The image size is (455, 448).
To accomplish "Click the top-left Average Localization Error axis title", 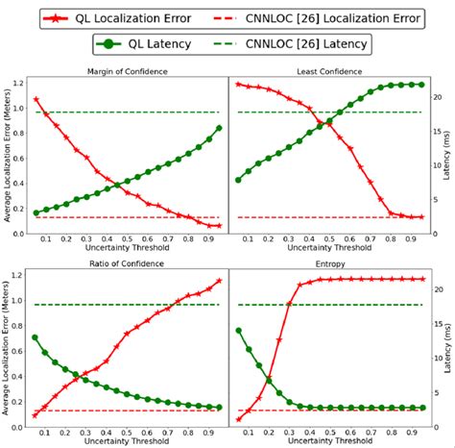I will [x=9, y=154].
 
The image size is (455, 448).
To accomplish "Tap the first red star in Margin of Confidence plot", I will [x=36, y=99].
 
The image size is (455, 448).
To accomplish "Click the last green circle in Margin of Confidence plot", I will [x=220, y=128].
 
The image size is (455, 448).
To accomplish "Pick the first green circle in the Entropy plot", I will [x=238, y=331].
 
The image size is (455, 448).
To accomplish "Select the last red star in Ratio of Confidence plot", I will [x=220, y=281].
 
